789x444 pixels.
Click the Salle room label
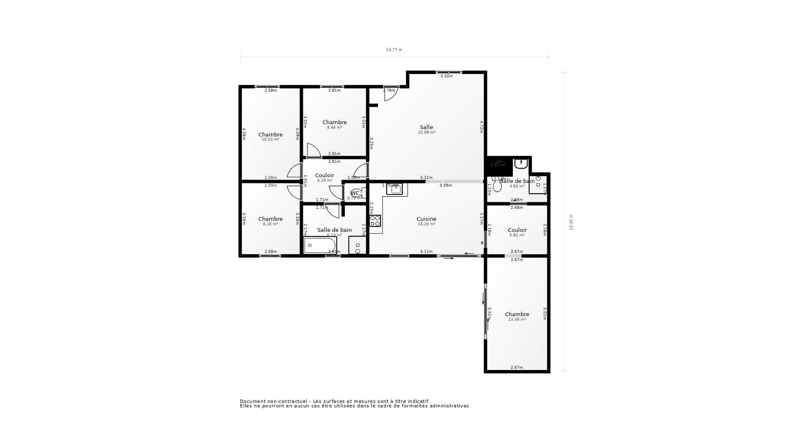point(426,127)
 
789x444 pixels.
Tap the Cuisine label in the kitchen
point(426,219)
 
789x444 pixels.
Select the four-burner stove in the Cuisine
point(375,221)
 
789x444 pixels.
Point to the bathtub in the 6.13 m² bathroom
point(320,245)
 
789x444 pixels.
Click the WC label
point(355,193)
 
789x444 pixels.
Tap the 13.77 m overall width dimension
point(394,50)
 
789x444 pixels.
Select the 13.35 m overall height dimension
point(571,222)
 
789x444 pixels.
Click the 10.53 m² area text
point(270,139)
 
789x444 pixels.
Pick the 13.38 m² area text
point(517,319)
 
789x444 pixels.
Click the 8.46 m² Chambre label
point(335,123)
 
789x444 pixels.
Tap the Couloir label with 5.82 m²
point(517,230)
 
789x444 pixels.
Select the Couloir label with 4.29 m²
point(325,176)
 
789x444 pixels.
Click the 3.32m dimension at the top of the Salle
point(446,76)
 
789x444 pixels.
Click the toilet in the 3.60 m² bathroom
point(497,186)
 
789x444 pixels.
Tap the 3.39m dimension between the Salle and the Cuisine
point(445,185)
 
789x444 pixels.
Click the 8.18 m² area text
point(270,224)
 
